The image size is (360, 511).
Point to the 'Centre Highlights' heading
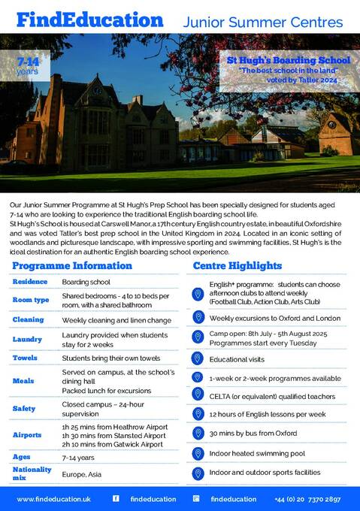coord(237,266)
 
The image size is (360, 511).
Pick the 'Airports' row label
coord(27,434)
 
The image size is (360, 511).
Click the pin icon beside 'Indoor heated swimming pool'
coord(198,453)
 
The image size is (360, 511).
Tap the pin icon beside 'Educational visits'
coord(198,358)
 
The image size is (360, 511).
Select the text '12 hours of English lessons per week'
coord(267,414)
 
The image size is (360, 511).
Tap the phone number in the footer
coord(318,498)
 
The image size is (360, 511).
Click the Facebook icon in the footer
coord(116,498)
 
